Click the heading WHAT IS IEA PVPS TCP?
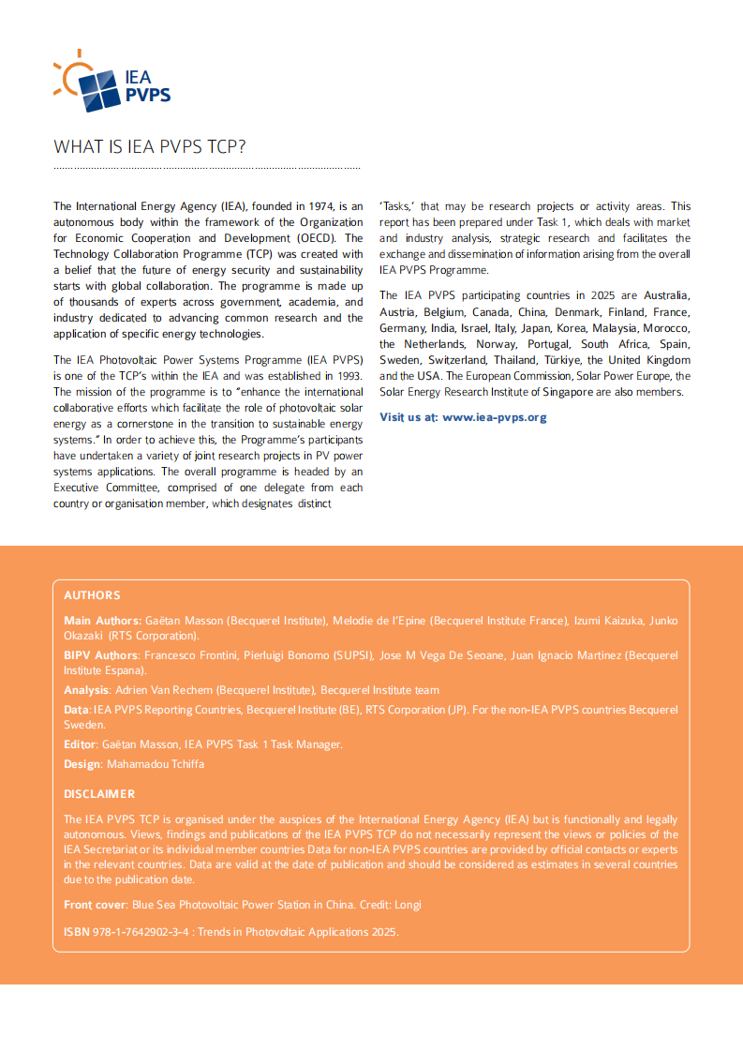click(150, 147)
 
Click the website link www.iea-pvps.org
click(495, 417)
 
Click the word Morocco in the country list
click(667, 328)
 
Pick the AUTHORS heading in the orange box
click(92, 595)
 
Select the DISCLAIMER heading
click(99, 794)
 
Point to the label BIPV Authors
click(101, 655)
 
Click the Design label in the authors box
click(82, 764)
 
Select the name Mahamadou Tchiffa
click(156, 764)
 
